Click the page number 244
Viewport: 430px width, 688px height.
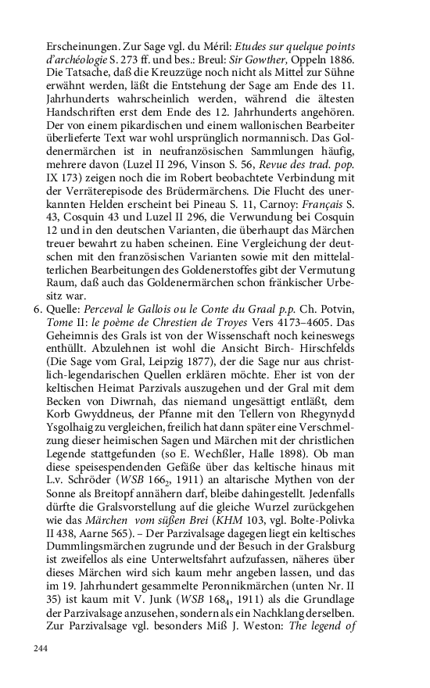40,648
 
